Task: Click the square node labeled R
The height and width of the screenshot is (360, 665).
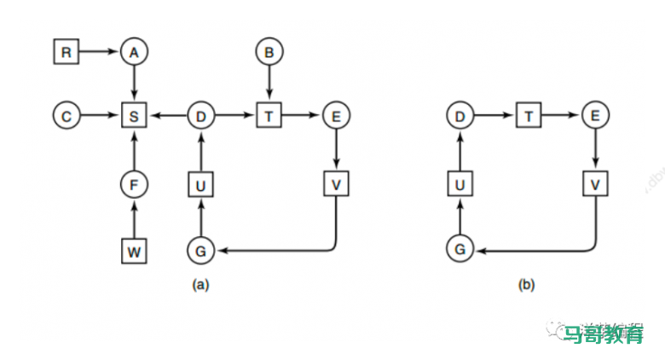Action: [66, 52]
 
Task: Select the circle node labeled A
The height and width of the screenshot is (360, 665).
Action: [133, 52]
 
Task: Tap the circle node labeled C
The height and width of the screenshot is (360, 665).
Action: [66, 115]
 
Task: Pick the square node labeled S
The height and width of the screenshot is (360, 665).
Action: [133, 115]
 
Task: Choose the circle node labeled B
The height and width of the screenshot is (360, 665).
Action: [269, 52]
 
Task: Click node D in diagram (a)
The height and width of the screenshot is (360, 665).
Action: [200, 115]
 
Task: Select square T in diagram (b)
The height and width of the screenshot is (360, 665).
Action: [528, 115]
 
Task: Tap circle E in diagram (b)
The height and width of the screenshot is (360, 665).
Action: [595, 115]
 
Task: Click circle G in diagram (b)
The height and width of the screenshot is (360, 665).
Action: [460, 250]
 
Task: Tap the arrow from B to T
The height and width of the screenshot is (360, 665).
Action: [269, 84]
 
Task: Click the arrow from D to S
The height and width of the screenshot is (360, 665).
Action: [167, 115]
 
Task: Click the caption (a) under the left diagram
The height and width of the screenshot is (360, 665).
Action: [201, 286]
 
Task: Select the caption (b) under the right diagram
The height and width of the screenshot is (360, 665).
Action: [526, 286]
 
